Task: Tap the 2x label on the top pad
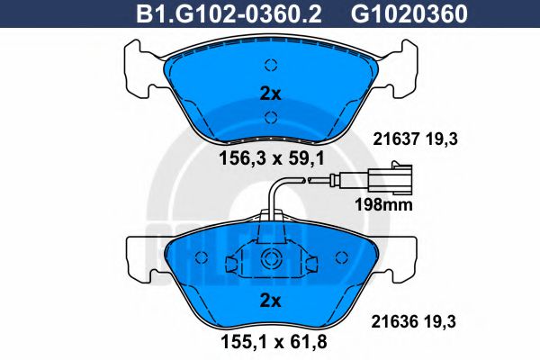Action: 270,93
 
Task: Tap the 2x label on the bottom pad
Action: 270,299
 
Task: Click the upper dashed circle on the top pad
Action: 270,65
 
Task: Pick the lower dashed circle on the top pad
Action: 270,115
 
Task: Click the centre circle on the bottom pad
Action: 269,260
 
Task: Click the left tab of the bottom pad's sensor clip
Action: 232,265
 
